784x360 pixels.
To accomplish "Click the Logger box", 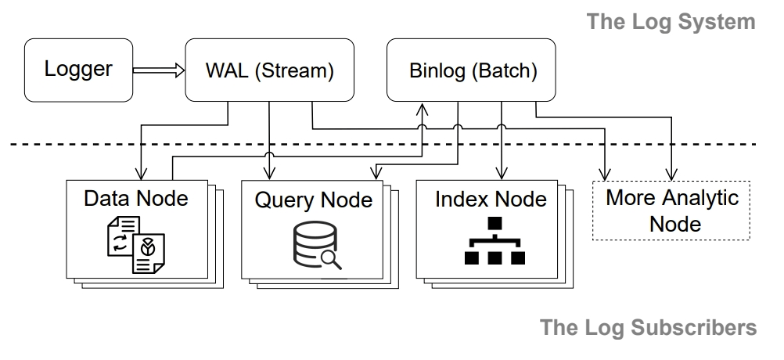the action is click(x=78, y=70).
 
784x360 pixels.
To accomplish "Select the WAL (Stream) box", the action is click(x=269, y=70).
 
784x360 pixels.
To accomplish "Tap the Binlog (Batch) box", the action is click(x=471, y=70).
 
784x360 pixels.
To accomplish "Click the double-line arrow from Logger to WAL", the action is click(x=159, y=70).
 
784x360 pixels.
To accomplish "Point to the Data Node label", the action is click(x=136, y=199).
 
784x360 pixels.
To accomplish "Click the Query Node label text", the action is click(x=314, y=200).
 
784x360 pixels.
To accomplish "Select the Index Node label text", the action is click(x=491, y=199).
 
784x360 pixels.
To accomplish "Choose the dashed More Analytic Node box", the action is click(x=671, y=211).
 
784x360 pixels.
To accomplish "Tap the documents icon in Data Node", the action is click(x=136, y=244).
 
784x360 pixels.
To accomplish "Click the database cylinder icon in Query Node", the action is click(x=315, y=243).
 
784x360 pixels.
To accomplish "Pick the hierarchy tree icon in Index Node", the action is click(x=494, y=240).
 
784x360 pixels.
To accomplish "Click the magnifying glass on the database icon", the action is click(x=331, y=260).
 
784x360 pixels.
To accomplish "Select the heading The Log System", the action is click(x=671, y=22).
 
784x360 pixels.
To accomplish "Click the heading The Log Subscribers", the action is click(x=649, y=327).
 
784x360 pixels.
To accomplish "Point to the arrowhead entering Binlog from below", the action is click(x=422, y=109).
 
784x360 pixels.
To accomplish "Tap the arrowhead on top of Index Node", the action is click(x=502, y=174).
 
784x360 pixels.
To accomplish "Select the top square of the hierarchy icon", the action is click(x=494, y=224).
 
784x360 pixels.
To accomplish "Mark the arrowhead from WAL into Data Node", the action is click(x=141, y=174).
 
